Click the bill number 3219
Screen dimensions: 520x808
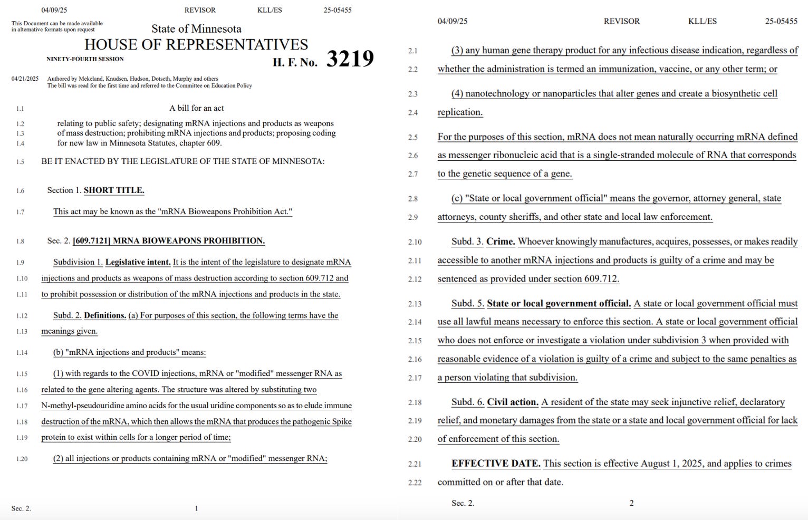pos(350,59)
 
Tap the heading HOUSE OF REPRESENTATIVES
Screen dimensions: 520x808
pos(196,44)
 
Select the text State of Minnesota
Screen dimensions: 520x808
pos(196,29)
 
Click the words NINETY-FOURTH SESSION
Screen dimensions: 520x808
pos(85,59)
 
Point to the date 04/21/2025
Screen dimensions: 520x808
pos(25,79)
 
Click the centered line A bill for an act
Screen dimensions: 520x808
pos(196,108)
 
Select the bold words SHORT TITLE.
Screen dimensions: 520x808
pos(114,190)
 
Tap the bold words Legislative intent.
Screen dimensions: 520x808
pos(138,262)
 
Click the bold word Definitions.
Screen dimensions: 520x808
pos(105,315)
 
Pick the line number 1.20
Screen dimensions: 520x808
pos(22,459)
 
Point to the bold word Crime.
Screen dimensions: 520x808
pos(501,242)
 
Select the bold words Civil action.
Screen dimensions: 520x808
pos(513,402)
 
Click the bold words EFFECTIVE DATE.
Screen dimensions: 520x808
pos(496,464)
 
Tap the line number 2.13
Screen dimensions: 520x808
pos(415,304)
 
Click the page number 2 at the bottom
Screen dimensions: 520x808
pos(631,503)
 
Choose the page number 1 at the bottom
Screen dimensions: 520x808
pos(196,508)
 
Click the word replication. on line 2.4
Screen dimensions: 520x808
pos(460,112)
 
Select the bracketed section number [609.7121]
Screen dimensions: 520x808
pos(91,241)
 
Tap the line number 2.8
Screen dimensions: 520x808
pos(413,199)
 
